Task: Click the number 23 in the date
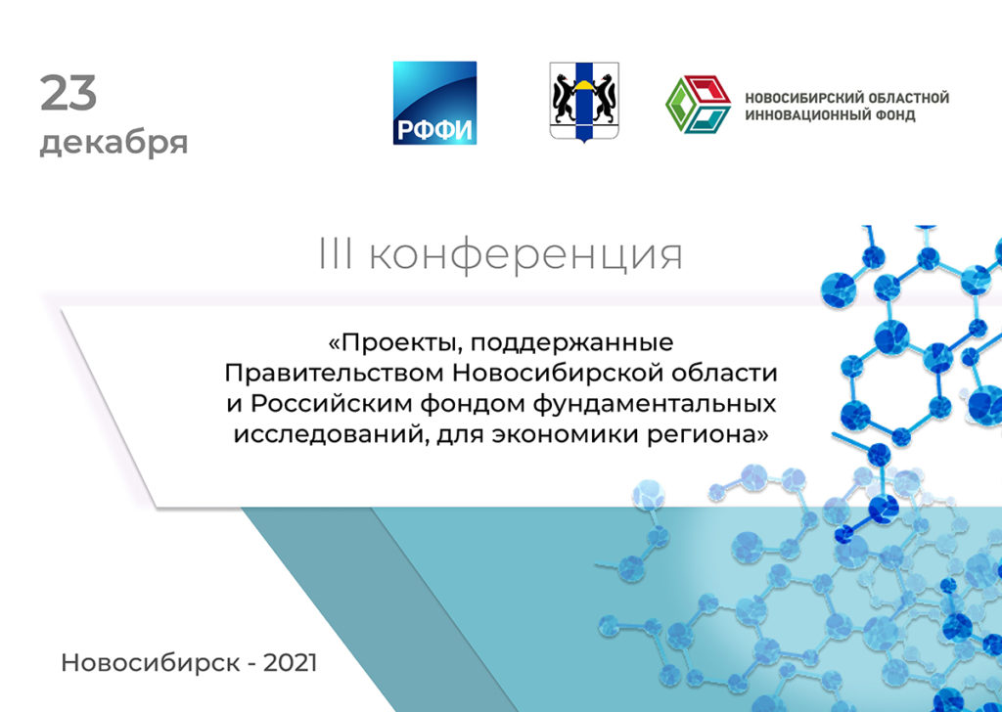[68, 94]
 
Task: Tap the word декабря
[114, 143]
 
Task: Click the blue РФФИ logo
[434, 103]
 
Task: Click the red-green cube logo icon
[699, 104]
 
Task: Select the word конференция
[525, 256]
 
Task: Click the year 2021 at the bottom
[290, 662]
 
